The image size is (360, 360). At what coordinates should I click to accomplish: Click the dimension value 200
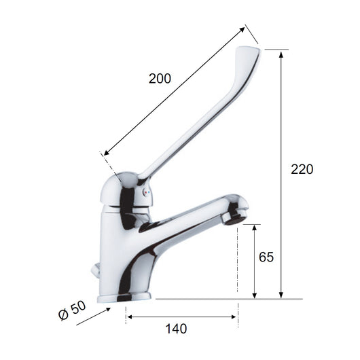click(x=160, y=78)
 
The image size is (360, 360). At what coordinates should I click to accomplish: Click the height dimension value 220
click(x=302, y=169)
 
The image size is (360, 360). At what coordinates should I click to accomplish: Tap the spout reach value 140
click(x=176, y=329)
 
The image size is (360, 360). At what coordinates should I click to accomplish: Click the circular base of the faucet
click(x=125, y=297)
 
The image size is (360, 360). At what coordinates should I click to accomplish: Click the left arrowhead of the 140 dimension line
click(x=129, y=317)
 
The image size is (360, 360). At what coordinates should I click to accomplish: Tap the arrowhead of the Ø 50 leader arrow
click(x=108, y=310)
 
